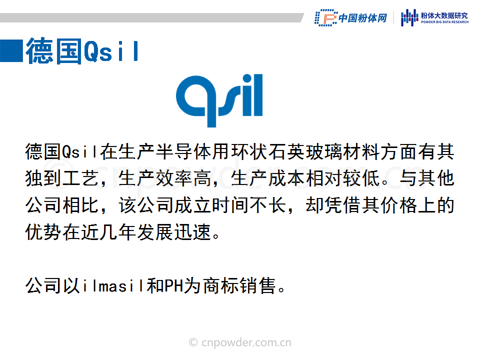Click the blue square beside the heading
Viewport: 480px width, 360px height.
coord(11,51)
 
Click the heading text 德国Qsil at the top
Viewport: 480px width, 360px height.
coord(82,51)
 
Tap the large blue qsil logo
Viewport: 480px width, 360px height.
coord(219,100)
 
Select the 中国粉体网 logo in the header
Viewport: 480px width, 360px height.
coord(351,18)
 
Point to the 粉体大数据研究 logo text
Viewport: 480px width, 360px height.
coord(444,15)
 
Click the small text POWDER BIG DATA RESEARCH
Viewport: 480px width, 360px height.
coord(445,22)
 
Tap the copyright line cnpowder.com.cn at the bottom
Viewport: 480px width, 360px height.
coord(240,342)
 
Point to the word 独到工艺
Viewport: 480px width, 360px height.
coord(62,178)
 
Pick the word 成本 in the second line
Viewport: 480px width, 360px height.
coord(287,178)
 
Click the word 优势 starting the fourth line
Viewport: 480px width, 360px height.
coord(44,232)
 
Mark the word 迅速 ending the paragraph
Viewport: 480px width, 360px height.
coord(193,232)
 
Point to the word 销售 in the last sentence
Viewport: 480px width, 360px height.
coord(258,286)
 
